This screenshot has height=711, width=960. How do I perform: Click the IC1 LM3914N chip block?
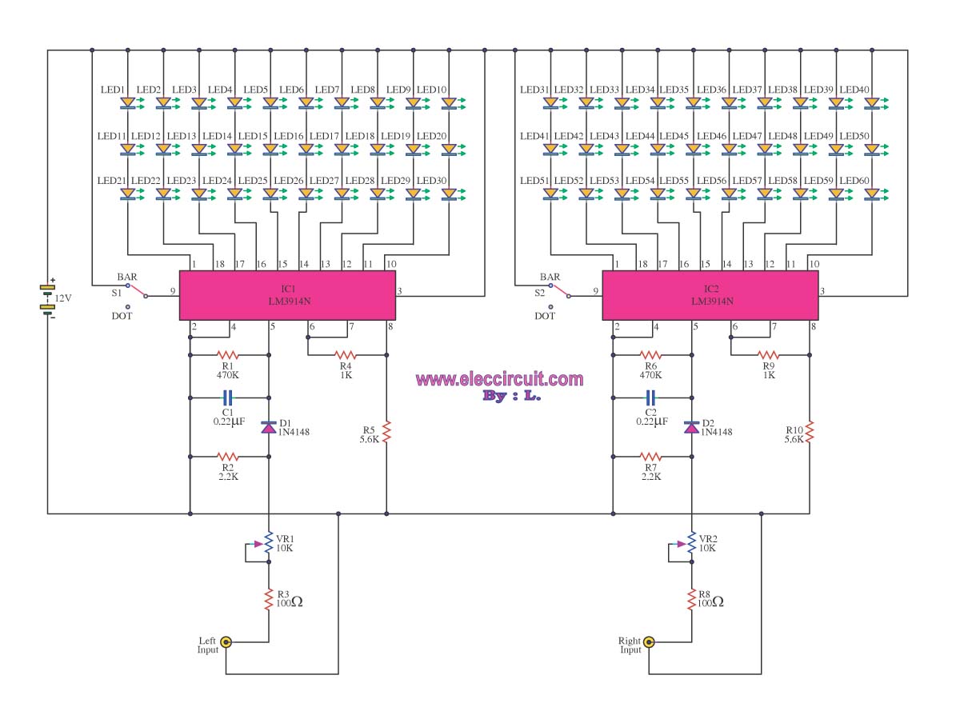click(x=287, y=295)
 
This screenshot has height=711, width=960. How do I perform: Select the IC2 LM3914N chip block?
click(x=710, y=295)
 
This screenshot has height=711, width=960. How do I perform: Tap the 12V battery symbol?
click(x=48, y=298)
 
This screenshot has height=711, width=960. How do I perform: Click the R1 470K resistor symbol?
click(x=227, y=355)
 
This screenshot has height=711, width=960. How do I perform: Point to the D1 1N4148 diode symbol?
click(x=268, y=427)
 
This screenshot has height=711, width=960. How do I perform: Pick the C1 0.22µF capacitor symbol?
click(x=227, y=397)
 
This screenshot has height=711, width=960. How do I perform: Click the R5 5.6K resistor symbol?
click(x=386, y=431)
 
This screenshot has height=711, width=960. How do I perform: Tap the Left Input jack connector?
click(x=226, y=641)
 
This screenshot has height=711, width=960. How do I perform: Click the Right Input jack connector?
click(x=648, y=641)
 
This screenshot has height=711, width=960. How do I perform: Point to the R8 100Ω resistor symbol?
click(x=691, y=599)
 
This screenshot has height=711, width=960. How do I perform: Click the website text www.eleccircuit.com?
click(x=499, y=379)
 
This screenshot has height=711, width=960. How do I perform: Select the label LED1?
click(x=113, y=90)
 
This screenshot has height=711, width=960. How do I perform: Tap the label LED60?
click(x=854, y=181)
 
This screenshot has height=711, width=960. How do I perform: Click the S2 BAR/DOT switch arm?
click(x=559, y=291)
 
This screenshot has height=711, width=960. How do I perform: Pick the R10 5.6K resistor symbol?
click(x=810, y=431)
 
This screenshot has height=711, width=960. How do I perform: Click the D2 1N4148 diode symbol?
click(x=691, y=427)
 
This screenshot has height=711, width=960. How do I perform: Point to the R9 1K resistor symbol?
click(x=768, y=355)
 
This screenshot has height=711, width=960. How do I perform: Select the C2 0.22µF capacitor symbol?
click(x=650, y=397)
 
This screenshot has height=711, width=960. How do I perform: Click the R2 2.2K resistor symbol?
click(x=227, y=457)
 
